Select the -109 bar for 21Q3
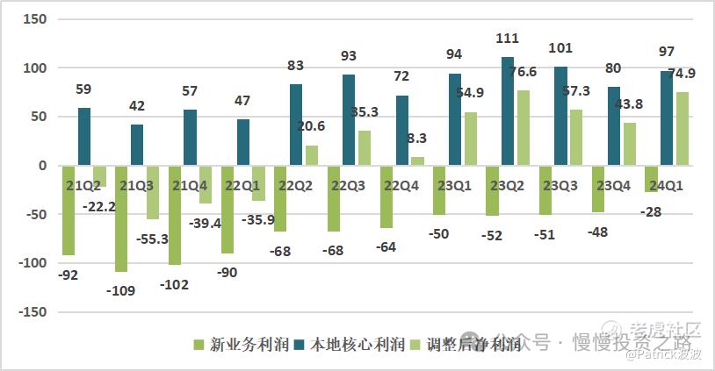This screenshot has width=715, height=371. (121, 218)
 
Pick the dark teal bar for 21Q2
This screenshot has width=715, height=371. (84, 137)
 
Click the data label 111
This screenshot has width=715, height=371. (508, 39)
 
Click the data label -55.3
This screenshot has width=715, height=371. (152, 237)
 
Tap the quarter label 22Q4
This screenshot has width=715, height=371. (403, 185)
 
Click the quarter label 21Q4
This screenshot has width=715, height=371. (191, 185)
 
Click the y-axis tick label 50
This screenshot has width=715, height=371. (38, 117)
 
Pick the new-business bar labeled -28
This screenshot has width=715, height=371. (651, 179)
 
